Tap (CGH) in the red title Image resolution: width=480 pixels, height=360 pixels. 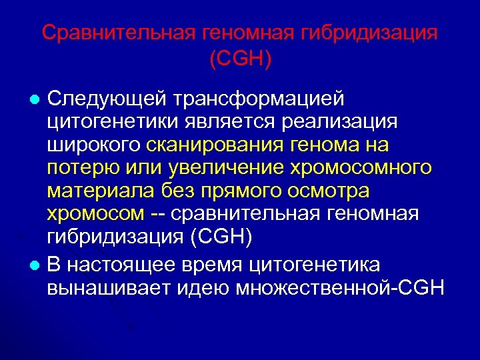tap(240, 60)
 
